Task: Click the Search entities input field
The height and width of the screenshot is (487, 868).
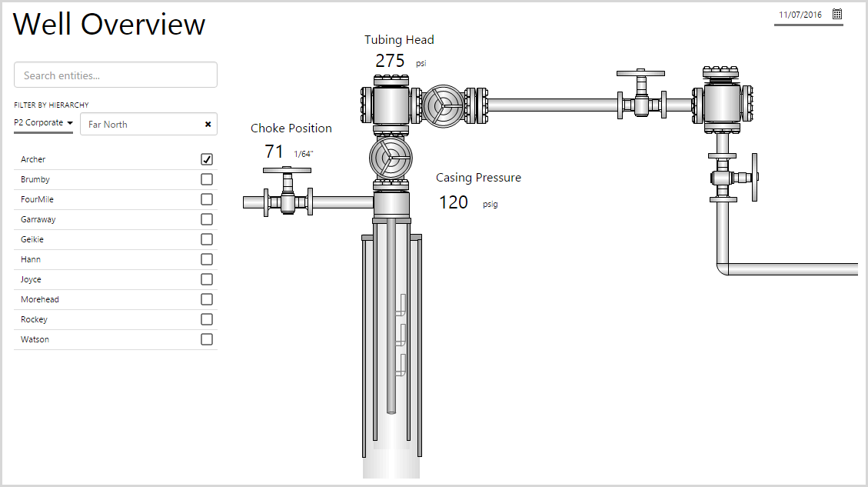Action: point(115,75)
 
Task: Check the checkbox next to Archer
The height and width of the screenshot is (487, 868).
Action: point(207,159)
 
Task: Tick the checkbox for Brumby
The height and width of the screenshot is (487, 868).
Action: point(207,179)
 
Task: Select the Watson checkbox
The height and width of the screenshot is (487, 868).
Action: point(207,339)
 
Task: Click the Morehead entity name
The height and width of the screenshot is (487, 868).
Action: point(40,299)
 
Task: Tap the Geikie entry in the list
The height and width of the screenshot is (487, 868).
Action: point(32,239)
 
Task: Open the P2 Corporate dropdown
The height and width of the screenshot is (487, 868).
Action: point(44,123)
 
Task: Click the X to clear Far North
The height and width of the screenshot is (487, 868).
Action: point(208,124)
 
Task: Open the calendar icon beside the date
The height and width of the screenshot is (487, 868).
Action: point(837,15)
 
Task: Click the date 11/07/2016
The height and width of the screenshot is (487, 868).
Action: point(800,15)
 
